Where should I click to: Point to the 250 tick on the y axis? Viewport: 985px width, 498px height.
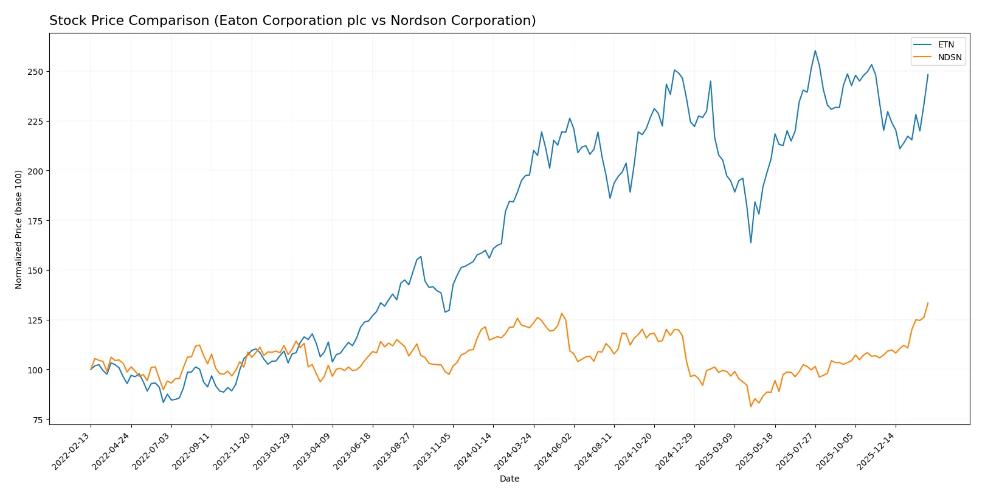[35, 72]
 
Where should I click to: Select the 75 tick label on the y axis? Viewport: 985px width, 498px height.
[38, 420]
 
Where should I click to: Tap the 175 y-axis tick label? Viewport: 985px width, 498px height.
[35, 221]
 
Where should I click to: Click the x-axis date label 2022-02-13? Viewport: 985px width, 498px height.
[72, 451]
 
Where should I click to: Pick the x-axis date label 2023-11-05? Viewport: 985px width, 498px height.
[433, 451]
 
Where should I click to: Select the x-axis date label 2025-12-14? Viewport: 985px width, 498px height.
[876, 451]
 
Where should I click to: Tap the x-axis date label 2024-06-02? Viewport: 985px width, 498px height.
[554, 451]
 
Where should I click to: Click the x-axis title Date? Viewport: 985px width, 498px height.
[509, 479]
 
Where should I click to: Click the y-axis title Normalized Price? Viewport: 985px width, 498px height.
[19, 229]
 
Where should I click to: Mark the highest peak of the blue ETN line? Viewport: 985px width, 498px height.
[815, 50]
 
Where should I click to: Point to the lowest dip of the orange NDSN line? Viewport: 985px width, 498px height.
[751, 406]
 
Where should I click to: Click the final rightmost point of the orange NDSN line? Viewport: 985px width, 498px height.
[928, 303]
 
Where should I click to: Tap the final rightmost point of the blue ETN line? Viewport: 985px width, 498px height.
[928, 75]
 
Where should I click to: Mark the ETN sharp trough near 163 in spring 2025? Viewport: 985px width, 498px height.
[751, 243]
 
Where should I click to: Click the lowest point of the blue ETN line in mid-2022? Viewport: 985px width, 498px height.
[163, 402]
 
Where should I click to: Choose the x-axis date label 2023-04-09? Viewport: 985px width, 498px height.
[313, 451]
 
